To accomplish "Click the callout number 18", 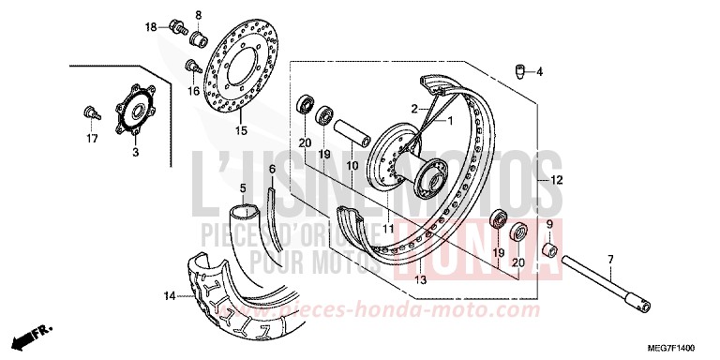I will coord(151,27).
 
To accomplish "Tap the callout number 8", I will coord(198,14).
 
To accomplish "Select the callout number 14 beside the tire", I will coord(168,297).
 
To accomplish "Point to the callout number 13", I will coord(420,280).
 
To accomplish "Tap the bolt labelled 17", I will coord(89,112).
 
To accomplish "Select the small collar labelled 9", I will coord(549,252).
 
